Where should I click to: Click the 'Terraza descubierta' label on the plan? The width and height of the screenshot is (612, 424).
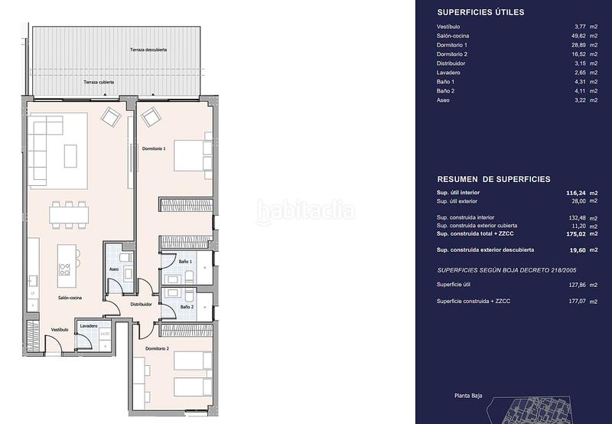148,49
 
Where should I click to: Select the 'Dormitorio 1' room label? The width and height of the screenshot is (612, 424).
154,148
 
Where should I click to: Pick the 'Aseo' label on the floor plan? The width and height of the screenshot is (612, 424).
113,269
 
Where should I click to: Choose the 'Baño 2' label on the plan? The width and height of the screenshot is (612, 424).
186,307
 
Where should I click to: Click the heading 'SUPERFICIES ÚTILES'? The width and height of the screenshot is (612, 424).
480,12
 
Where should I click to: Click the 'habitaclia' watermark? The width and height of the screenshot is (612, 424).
305,212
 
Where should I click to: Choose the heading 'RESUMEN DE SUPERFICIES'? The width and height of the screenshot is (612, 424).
493,179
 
